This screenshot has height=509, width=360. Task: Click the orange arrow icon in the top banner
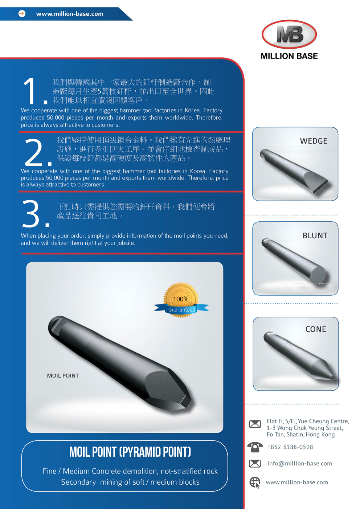(x=22, y=14)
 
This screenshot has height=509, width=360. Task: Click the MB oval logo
(x=289, y=34)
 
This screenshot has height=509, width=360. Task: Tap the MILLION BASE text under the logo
(x=289, y=56)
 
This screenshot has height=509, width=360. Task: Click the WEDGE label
(x=314, y=141)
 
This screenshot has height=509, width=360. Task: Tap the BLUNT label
(x=315, y=236)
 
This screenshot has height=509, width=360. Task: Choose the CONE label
(x=316, y=329)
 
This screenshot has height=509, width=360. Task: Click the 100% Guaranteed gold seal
(x=181, y=300)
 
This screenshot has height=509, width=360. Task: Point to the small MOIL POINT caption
(x=63, y=375)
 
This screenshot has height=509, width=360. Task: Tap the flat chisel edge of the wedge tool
(x=321, y=187)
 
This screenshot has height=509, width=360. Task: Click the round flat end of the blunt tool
(x=318, y=275)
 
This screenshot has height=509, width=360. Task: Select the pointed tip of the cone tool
(x=334, y=378)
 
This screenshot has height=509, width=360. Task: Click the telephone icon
(x=255, y=447)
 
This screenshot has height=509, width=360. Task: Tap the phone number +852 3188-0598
(x=290, y=447)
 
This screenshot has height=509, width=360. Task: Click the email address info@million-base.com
(x=299, y=463)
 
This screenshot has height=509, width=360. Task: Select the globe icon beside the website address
(x=255, y=482)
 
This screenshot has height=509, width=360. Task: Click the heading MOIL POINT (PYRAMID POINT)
(x=130, y=452)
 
